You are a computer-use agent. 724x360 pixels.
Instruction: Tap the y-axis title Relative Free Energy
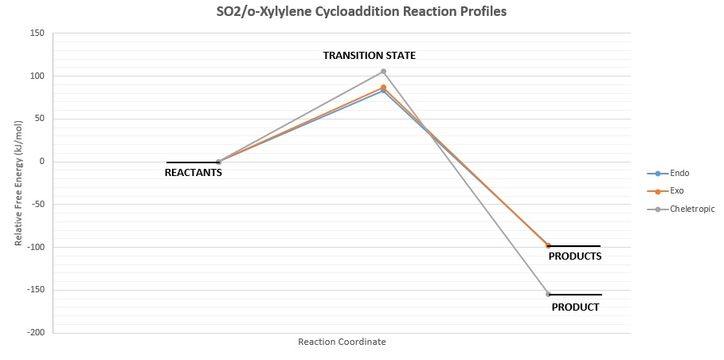tap(18, 185)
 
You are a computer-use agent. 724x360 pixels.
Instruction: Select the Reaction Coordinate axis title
tap(342, 342)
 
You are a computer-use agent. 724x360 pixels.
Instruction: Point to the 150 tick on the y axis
tap(37, 33)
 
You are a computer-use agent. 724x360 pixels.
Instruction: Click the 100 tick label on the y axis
tap(37, 76)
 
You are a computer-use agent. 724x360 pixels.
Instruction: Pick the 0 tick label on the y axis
tap(41, 162)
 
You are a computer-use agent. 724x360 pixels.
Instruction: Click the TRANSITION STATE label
tap(369, 56)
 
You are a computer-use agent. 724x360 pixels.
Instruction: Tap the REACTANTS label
tap(193, 172)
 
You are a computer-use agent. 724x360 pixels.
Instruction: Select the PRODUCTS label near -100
tap(574, 256)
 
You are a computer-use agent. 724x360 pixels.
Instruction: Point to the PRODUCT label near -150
tap(575, 307)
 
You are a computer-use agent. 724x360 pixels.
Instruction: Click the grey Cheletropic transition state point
tap(383, 72)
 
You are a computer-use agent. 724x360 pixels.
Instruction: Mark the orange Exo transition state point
tap(383, 88)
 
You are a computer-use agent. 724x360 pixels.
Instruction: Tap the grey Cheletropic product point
tap(548, 294)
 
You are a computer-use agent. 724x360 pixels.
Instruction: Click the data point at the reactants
tap(218, 162)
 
